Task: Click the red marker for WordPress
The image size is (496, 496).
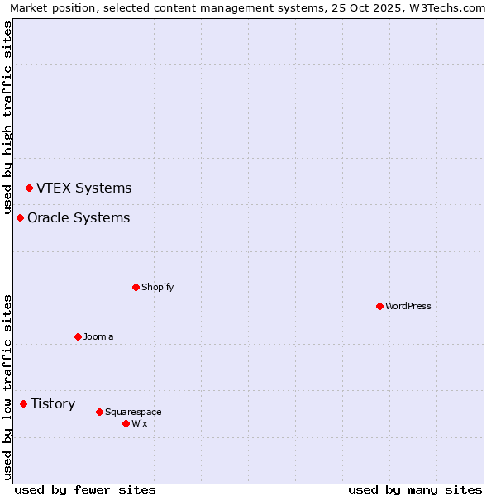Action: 379,306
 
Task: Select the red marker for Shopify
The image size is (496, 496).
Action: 136,287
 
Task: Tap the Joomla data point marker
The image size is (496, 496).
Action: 78,336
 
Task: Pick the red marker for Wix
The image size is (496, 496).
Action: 126,423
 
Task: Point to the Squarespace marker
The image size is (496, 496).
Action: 99,412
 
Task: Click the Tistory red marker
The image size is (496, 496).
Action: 23,403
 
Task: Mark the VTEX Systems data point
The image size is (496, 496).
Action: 29,188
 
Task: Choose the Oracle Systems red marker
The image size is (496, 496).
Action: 20,217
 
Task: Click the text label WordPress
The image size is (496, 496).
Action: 408,306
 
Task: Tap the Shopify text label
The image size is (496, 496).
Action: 157,287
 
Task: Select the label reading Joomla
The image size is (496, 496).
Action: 98,336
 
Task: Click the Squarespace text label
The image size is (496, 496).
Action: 133,412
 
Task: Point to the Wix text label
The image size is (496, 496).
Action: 139,423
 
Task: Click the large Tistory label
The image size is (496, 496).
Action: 53,403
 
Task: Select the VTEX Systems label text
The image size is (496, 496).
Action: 83,188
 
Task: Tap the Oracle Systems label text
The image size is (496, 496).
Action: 79,217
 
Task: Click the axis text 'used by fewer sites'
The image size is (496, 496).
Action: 85,489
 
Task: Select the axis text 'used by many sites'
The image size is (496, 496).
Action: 415,489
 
